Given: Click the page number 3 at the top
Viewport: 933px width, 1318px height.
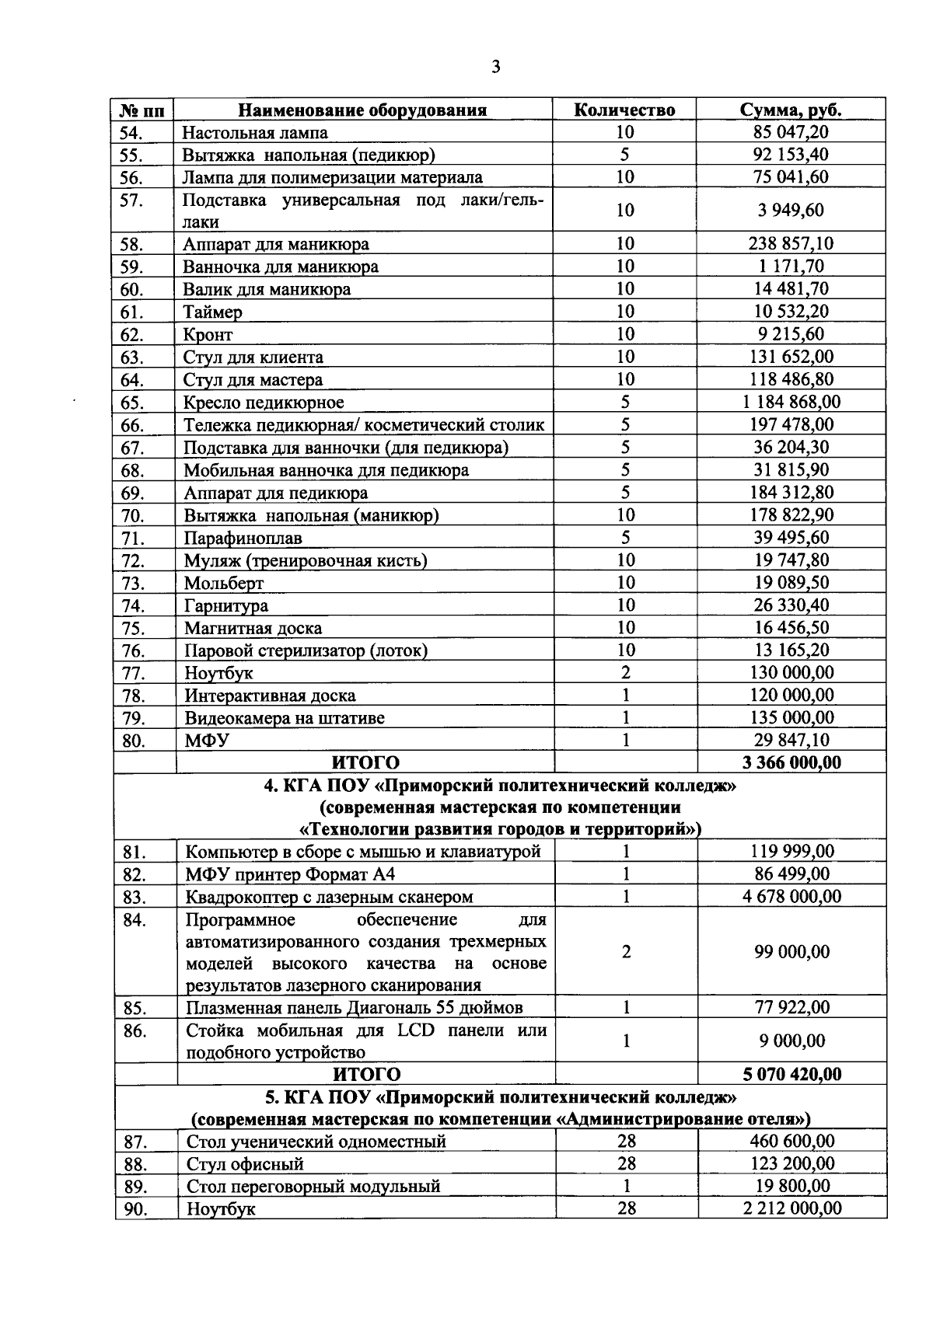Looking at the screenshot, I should pos(496,67).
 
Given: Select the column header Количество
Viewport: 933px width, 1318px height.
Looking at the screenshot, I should pos(624,110).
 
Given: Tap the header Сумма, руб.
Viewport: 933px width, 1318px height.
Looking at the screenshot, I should pos(791,110).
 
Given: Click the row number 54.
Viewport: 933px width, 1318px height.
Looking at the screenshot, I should pos(131,133).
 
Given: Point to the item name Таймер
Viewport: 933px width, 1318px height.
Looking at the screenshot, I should pos(212,312).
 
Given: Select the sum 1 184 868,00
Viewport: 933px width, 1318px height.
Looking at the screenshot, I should pos(791,402).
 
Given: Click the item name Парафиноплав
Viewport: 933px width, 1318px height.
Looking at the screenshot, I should pos(243,538).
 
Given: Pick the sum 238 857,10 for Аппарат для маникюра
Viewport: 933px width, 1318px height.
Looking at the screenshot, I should pos(791,244).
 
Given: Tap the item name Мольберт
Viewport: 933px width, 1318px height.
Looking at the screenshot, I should pos(224,583).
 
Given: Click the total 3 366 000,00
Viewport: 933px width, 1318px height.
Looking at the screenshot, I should pos(791,762).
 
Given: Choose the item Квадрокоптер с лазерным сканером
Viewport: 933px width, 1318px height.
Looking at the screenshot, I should pos(329,897).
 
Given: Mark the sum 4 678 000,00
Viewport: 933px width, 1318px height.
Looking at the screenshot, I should pos(791,896).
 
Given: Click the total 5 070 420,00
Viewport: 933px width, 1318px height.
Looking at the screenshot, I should pos(791,1074).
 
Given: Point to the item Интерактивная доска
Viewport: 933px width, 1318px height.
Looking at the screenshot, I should pos(270,696).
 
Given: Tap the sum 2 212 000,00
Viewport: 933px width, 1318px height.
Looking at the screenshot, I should pos(791,1208).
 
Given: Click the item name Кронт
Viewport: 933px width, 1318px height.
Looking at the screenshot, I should pos(208,335).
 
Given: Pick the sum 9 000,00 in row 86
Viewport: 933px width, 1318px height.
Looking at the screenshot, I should pos(791,1041).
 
